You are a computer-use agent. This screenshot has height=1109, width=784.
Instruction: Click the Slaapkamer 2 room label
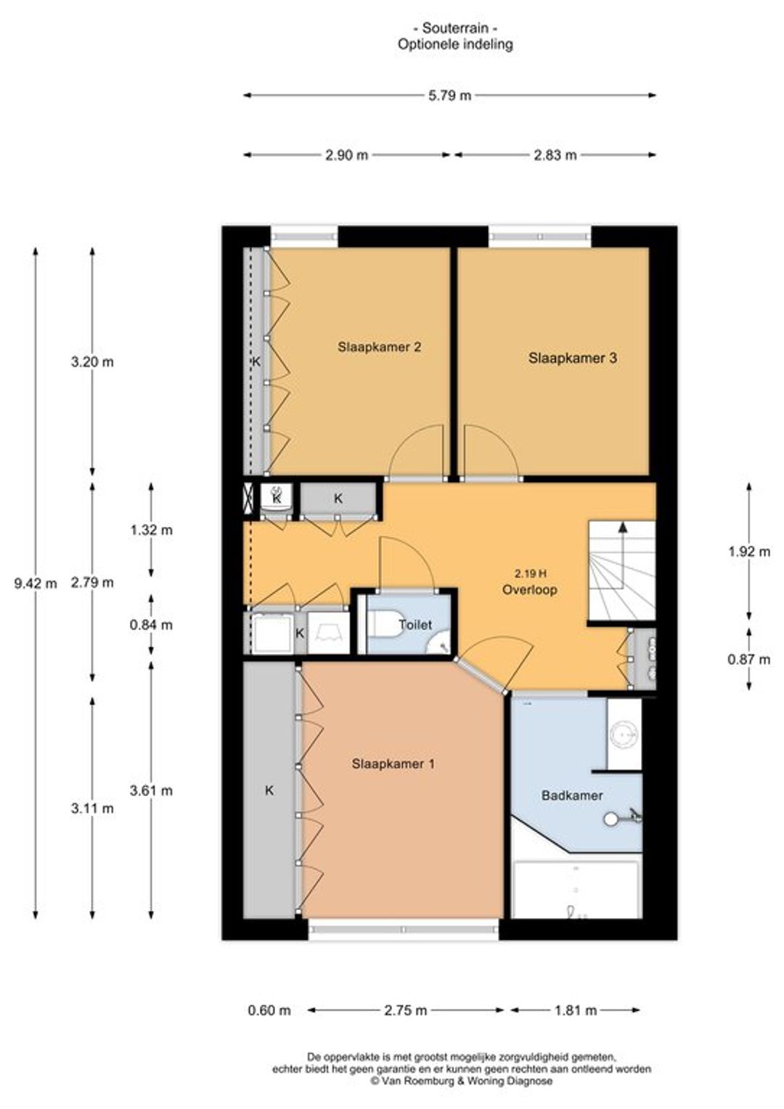tap(380, 347)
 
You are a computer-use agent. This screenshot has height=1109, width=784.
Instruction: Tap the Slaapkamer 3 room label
tap(573, 358)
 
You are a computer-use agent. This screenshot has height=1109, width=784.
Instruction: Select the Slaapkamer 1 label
tap(393, 764)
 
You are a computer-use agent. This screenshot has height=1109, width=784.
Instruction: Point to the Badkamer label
tap(572, 795)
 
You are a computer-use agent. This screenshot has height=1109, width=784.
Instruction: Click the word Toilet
tap(415, 625)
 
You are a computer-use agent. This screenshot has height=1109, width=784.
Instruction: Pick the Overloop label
tap(529, 589)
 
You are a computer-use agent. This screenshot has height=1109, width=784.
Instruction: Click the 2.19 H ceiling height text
tap(531, 574)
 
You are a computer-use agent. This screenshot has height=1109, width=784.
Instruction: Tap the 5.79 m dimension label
tap(449, 96)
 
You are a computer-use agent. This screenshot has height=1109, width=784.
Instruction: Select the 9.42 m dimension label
tap(36, 584)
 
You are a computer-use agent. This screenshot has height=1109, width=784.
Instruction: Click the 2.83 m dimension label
tap(555, 155)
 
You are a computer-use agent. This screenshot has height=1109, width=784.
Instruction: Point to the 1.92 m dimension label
tap(749, 552)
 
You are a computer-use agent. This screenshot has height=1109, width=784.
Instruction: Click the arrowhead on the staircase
tap(623, 527)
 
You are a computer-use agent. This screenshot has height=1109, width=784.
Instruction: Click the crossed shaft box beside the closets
tap(248, 498)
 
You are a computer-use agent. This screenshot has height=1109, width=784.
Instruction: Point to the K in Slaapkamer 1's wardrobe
tap(269, 790)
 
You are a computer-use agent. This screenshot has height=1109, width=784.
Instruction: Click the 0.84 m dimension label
tap(152, 626)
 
